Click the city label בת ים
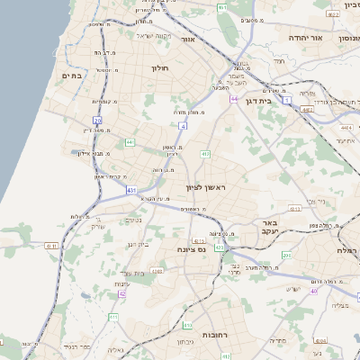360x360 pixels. (x=71, y=76)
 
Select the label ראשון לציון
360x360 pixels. (x=202, y=187)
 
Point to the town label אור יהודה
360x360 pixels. (x=305, y=39)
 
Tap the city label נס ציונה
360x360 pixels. (x=192, y=248)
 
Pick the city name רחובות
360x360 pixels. (x=213, y=333)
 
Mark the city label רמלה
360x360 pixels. (x=346, y=250)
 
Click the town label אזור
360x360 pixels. (x=188, y=40)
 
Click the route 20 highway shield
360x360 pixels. (x=97, y=120)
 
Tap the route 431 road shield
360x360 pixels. (x=131, y=190)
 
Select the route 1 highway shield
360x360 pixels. (x=287, y=101)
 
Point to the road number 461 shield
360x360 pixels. (x=221, y=7)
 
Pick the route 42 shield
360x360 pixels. (x=122, y=293)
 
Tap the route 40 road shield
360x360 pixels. (x=314, y=291)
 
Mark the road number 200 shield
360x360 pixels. (x=286, y=256)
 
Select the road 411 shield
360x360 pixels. (x=113, y=317)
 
